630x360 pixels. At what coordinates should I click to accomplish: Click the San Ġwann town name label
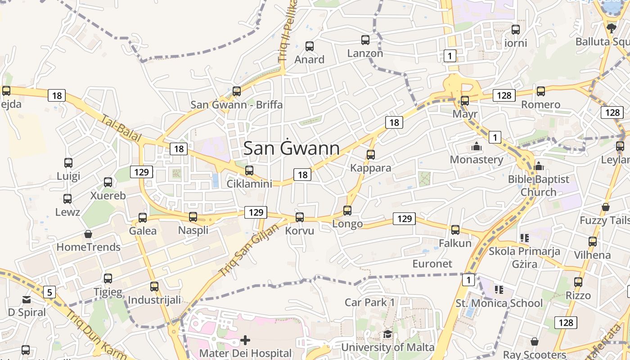coord(291,148)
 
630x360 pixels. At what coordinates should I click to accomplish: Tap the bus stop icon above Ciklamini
coord(249,171)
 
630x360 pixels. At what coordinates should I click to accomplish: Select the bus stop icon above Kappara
coord(371,155)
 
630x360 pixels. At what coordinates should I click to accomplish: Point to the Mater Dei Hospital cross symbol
coord(245,340)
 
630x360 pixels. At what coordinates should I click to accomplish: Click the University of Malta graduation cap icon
coord(387,334)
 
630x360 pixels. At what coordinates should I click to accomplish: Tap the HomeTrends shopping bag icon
coord(88,234)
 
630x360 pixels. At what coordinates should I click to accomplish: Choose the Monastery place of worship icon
coord(476,147)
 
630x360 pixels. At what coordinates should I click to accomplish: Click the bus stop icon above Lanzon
coord(365,40)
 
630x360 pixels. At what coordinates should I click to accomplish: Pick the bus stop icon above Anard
coord(310,46)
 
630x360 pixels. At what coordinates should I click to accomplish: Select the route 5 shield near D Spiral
coord(49,292)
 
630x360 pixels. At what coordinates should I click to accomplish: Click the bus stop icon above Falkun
coord(455,230)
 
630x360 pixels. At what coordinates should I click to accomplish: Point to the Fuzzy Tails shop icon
coord(606,207)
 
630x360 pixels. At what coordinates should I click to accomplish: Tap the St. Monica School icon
coord(499,289)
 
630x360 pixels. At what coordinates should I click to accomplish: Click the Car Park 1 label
coord(369,302)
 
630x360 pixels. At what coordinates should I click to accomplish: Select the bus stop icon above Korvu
coord(300,217)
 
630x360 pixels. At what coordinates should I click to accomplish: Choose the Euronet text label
coord(432,263)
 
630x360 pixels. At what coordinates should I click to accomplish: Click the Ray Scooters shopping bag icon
coord(535,342)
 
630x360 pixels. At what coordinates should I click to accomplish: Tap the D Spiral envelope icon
coord(27,299)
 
